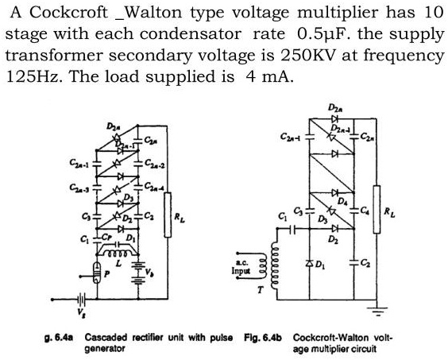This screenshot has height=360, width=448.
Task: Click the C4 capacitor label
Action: (x=365, y=211)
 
